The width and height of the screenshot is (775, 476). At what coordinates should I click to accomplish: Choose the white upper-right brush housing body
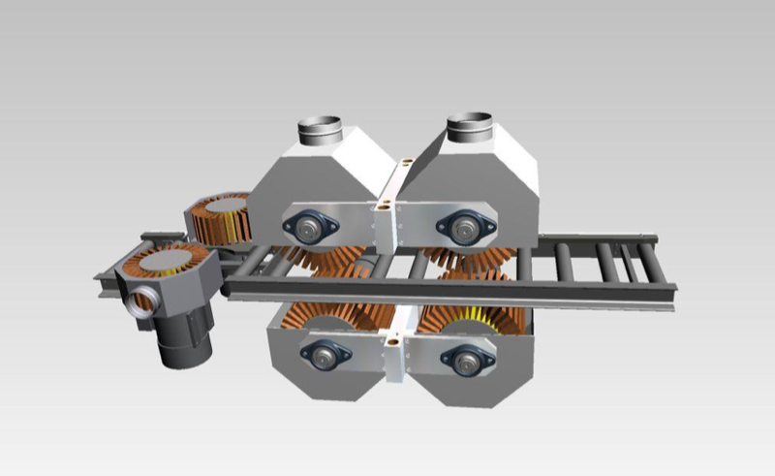click(x=494, y=175)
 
